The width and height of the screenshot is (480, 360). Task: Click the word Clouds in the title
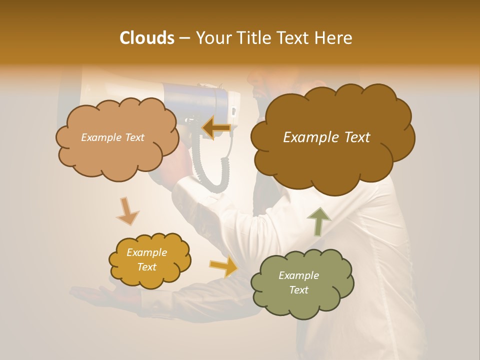click(146, 38)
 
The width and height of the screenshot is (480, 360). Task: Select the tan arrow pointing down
click(127, 211)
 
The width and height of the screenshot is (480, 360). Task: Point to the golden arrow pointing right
click(224, 267)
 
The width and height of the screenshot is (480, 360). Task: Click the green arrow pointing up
click(318, 220)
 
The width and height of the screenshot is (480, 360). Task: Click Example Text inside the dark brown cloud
click(326, 137)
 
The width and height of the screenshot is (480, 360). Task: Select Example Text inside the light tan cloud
click(112, 137)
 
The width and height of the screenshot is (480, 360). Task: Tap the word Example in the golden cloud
click(146, 252)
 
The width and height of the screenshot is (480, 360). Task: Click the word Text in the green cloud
click(298, 290)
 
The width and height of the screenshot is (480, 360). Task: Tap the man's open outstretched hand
click(95, 295)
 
